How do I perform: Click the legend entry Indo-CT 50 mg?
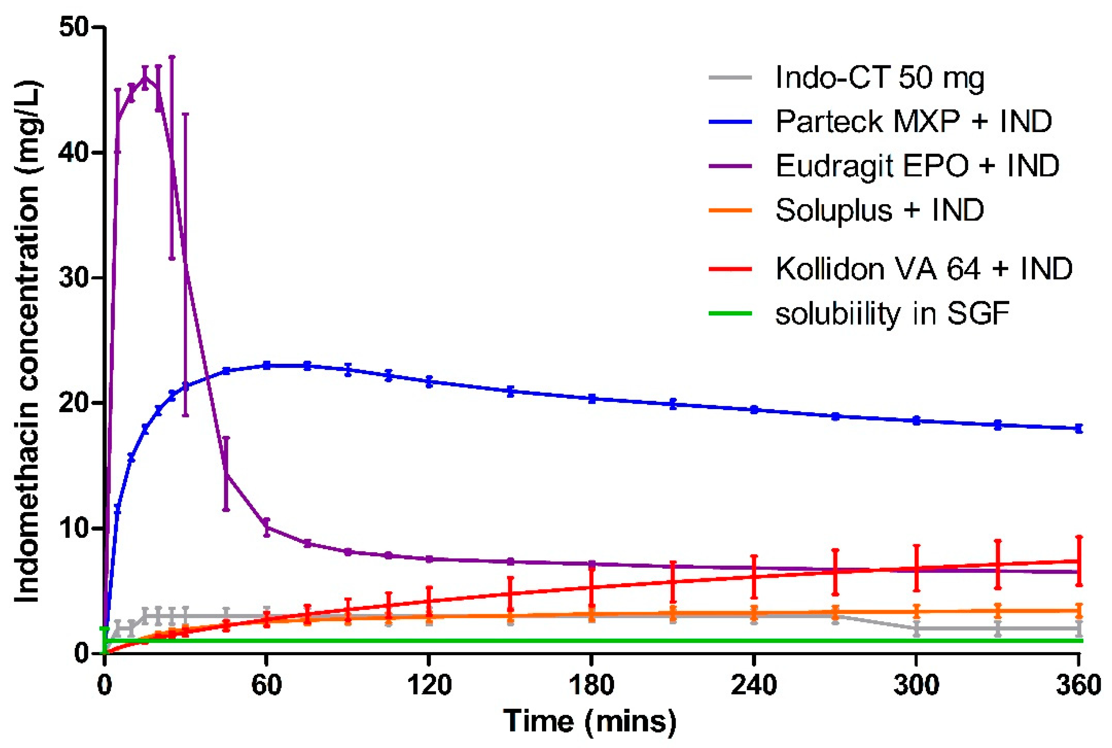click(879, 77)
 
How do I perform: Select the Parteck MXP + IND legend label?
click(913, 121)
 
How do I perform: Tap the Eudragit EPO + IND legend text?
click(917, 166)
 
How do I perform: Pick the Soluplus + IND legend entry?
click(879, 210)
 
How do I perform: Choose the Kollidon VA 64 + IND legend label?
click(924, 269)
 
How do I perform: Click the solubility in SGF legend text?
click(892, 313)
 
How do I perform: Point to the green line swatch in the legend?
click(730, 313)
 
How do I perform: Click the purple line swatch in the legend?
click(730, 166)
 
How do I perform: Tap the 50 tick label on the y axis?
click(74, 27)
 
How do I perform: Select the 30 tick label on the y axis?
click(74, 278)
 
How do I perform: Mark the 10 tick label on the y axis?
click(74, 528)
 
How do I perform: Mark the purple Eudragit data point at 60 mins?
click(266, 527)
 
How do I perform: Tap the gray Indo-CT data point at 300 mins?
click(916, 629)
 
